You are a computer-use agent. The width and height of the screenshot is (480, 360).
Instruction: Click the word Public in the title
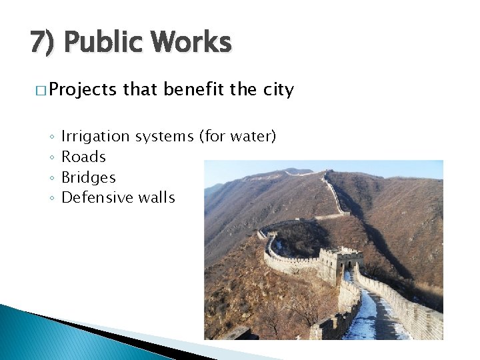(x=103, y=43)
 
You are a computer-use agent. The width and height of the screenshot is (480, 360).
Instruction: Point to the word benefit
(x=193, y=89)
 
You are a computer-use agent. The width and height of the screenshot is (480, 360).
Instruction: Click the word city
(x=278, y=90)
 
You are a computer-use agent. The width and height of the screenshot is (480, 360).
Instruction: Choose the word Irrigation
(x=95, y=137)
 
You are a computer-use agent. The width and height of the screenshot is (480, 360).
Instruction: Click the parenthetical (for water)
(x=237, y=137)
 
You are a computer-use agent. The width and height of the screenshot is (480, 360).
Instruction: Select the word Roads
(x=83, y=157)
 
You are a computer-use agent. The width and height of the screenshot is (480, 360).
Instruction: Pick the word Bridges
(x=89, y=177)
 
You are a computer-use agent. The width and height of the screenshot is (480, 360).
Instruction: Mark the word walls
(x=157, y=197)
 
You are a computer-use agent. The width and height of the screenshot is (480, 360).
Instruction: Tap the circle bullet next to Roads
(x=51, y=157)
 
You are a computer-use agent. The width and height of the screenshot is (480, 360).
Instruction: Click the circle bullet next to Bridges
(x=51, y=178)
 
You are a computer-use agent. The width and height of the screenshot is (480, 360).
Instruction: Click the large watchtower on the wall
(x=340, y=264)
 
